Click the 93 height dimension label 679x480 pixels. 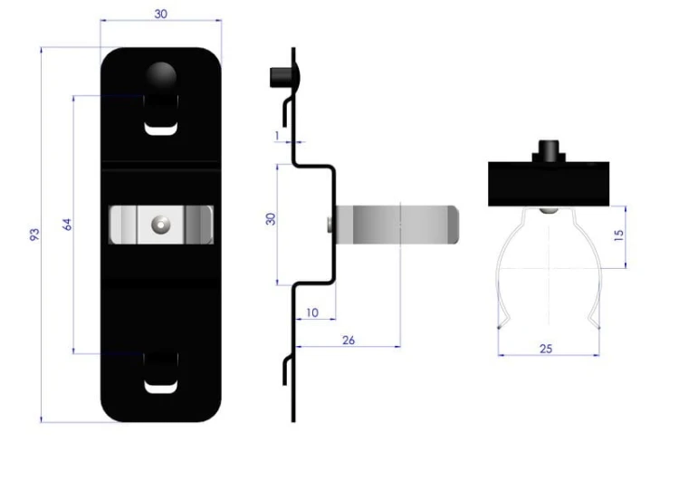34,235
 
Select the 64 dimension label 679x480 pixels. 67,225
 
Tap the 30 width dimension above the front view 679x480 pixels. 160,14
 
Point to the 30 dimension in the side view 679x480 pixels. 271,219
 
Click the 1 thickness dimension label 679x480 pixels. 277,136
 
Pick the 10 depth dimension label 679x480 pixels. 311,312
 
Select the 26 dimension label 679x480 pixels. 349,340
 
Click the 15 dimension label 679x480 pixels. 619,235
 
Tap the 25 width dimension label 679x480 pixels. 546,349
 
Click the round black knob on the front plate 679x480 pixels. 160,77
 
